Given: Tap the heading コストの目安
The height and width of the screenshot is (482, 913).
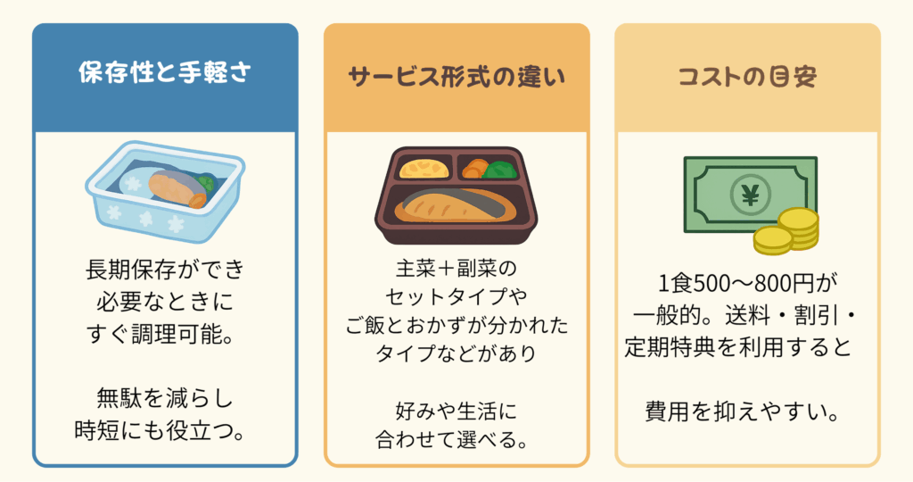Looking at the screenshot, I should (x=747, y=75).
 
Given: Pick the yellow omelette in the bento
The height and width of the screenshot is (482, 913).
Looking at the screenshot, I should (x=424, y=167).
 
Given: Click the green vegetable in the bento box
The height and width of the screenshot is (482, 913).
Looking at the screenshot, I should (x=504, y=168).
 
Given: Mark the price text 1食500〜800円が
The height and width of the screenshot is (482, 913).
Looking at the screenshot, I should (x=747, y=284).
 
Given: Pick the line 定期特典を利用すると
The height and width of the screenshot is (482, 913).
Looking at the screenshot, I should (x=747, y=345).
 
